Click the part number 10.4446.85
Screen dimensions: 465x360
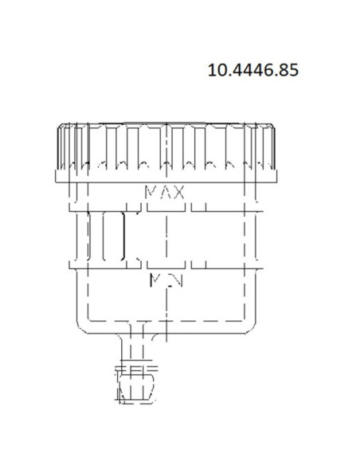252,70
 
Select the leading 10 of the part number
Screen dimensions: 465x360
217,70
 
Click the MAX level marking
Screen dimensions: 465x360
165,193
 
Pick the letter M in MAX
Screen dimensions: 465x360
151,193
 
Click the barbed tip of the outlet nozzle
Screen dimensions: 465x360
137,390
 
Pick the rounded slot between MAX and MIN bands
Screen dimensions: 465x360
113,236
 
